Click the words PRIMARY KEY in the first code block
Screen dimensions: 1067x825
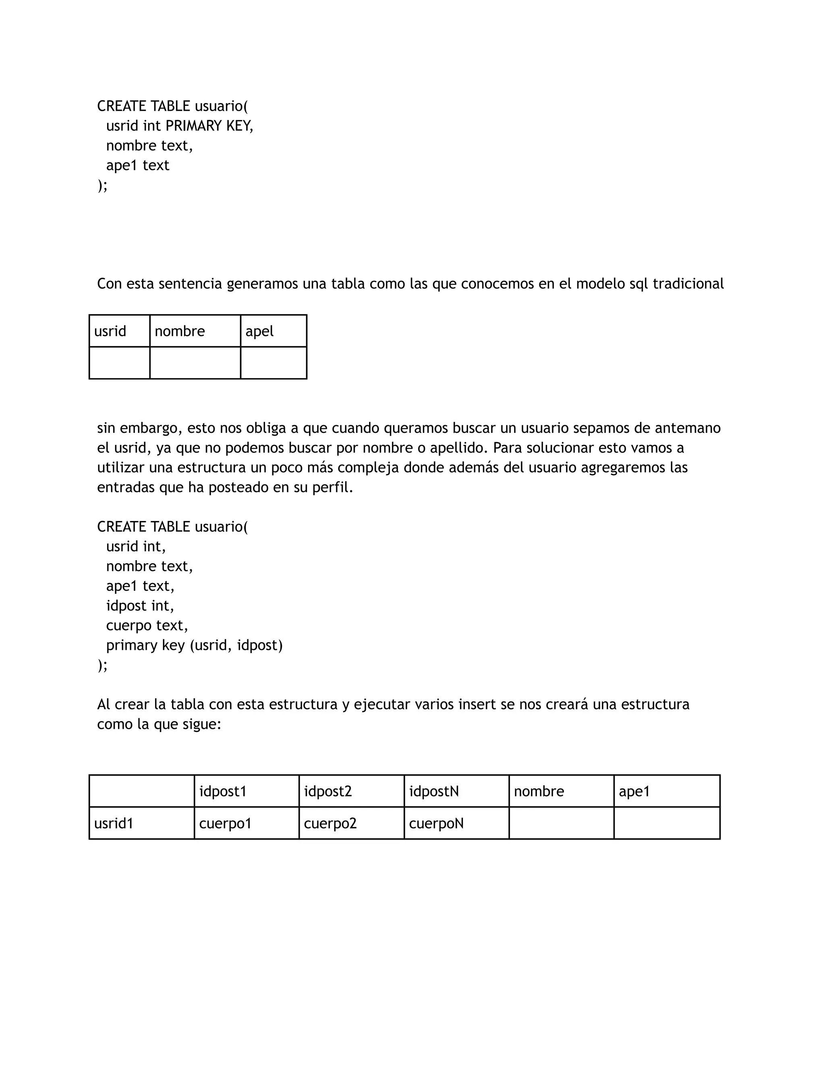click(209, 126)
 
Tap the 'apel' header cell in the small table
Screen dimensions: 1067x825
click(273, 331)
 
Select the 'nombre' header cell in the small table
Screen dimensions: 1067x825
click(195, 331)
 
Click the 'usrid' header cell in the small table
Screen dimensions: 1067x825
click(119, 331)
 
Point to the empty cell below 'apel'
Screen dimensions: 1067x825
click(273, 363)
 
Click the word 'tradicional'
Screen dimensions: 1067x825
click(688, 284)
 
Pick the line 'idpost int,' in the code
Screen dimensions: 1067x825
click(140, 606)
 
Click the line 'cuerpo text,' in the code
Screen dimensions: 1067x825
click(147, 626)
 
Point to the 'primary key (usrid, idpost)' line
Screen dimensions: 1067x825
click(194, 645)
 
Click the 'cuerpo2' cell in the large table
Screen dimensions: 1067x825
click(351, 824)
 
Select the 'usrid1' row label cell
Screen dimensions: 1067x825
click(141, 824)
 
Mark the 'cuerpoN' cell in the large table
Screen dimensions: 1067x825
click(456, 824)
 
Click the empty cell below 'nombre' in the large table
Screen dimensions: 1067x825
click(561, 824)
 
